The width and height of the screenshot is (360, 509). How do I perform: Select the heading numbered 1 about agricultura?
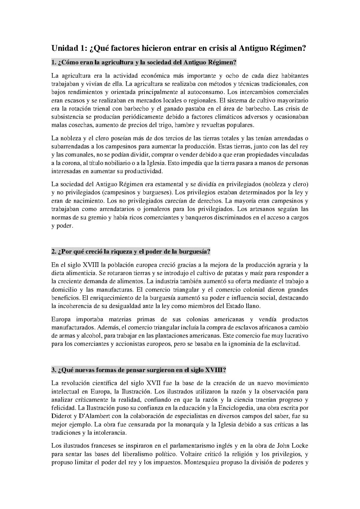(144, 62)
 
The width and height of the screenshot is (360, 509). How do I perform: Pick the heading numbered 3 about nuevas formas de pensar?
(139, 370)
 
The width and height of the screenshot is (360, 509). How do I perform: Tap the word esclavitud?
(286, 344)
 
